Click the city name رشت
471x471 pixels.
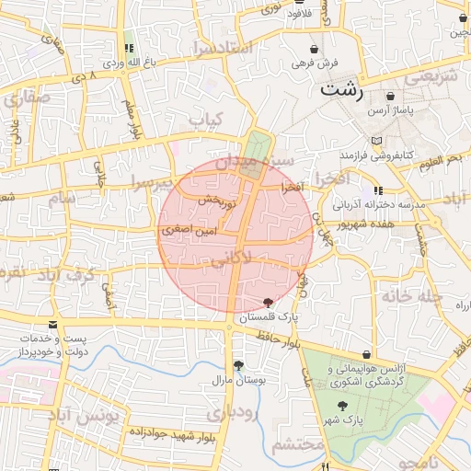tap(340, 91)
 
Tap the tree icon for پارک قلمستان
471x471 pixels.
tap(268, 303)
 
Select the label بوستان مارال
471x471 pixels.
tap(239, 379)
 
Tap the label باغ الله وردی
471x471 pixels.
tap(125, 63)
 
